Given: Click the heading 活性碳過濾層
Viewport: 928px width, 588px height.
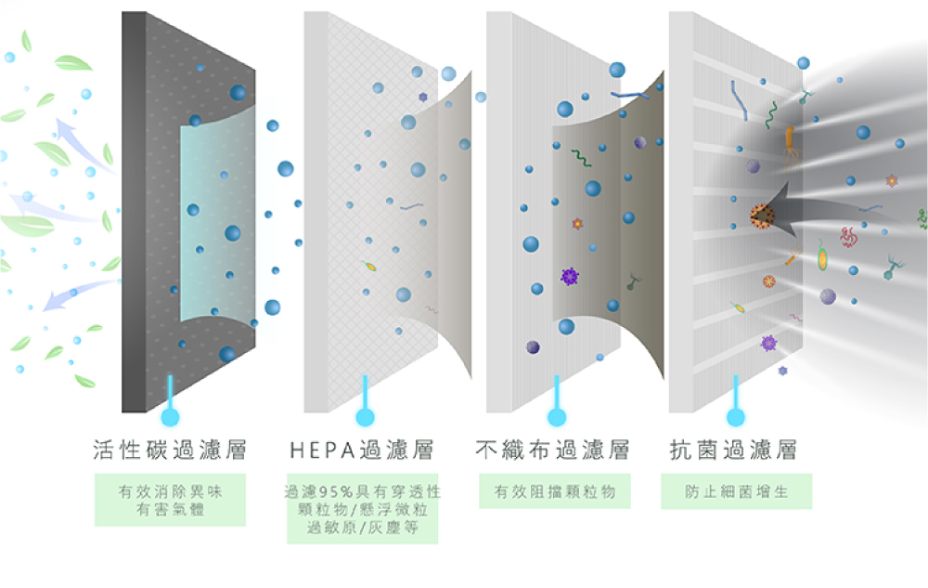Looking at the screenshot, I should click(170, 451).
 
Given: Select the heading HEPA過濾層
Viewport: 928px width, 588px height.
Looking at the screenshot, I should click(362, 451).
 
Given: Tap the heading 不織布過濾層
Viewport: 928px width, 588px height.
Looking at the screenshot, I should click(553, 451).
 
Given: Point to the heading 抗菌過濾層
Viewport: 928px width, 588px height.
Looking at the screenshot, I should click(734, 451).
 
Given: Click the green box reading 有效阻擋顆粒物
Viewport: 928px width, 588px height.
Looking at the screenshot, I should click(554, 491).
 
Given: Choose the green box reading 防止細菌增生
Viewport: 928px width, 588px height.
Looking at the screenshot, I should click(737, 491).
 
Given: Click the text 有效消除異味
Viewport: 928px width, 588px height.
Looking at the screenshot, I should click(170, 490).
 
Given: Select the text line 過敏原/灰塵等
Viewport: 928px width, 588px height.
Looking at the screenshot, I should click(362, 528).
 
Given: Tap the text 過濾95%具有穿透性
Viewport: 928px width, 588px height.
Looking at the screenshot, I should click(362, 490).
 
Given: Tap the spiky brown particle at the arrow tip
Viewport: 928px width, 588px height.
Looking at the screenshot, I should click(764, 216).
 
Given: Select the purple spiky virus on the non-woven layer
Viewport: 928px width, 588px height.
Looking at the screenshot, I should click(570, 275).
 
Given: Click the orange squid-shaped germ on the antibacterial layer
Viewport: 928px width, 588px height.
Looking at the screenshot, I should click(790, 142).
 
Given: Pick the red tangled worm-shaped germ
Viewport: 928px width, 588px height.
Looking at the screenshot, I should click(848, 237).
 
